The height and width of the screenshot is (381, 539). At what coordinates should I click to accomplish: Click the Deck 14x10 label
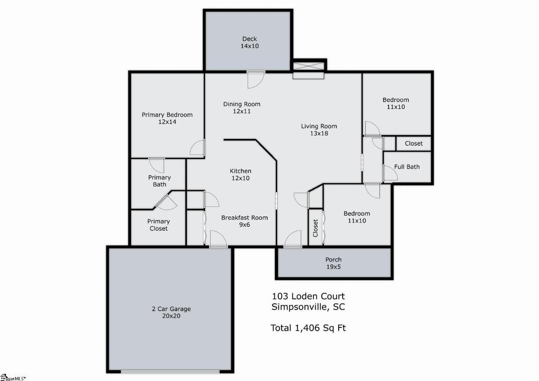click(x=250, y=42)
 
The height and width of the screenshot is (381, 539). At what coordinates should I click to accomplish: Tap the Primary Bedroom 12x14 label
click(x=167, y=118)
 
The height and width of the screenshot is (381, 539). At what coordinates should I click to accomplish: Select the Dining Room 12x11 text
click(x=242, y=107)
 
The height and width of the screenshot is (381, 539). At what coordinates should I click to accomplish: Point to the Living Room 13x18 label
click(x=319, y=130)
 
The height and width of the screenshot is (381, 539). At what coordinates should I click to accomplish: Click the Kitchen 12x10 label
click(x=240, y=174)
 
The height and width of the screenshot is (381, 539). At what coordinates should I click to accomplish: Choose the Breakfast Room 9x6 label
click(x=244, y=221)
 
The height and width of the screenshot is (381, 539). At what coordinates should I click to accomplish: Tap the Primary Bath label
click(x=159, y=181)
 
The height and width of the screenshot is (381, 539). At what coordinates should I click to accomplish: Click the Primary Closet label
click(x=158, y=225)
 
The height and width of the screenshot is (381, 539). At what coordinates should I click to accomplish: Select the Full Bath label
click(x=406, y=167)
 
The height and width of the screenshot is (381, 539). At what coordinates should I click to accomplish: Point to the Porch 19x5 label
click(x=333, y=263)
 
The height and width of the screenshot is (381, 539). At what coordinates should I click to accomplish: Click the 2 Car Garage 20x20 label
click(x=171, y=312)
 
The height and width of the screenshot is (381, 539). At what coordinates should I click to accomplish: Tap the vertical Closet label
click(x=315, y=228)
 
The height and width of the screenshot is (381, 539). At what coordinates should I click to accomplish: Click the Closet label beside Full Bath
click(x=414, y=143)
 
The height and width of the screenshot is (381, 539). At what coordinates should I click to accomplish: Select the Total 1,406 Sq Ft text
click(x=308, y=328)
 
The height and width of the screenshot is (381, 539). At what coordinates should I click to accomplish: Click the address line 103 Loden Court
click(x=308, y=296)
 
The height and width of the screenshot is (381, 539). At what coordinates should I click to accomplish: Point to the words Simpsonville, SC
click(x=308, y=307)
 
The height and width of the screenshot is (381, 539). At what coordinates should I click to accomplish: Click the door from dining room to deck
click(x=256, y=80)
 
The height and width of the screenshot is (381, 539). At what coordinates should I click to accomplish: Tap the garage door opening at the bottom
click(x=170, y=372)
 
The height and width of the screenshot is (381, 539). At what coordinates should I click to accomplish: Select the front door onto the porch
click(x=292, y=239)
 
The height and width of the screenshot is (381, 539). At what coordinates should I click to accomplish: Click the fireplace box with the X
click(x=308, y=66)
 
